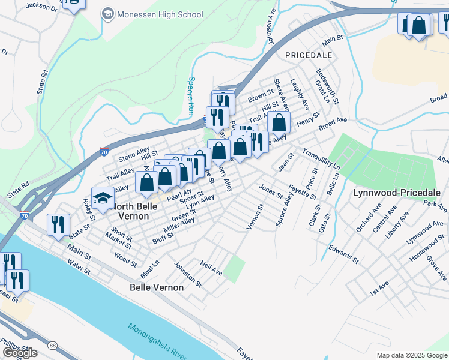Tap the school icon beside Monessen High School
pos(108,13)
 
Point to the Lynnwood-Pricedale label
pos(397,193)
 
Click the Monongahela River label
pos(164,340)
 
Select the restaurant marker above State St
pos(58,224)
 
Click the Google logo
pos(20,353)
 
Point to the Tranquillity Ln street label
pos(321,158)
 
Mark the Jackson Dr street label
pos(41,7)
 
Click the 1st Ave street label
pos(379,289)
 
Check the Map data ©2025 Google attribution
pos(412,355)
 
